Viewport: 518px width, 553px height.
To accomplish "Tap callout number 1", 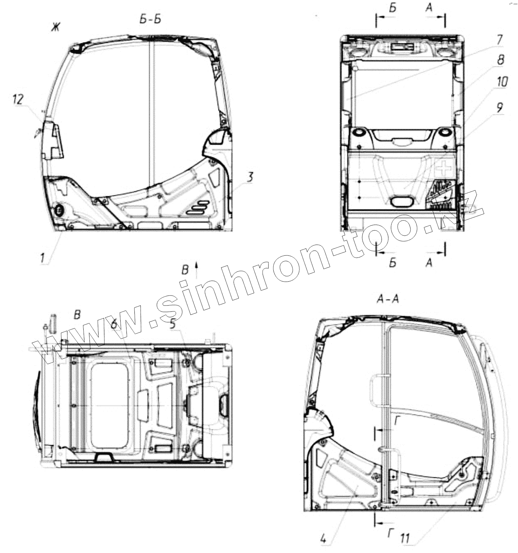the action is click(x=43, y=257).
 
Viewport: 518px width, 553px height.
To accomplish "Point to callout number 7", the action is click(x=499, y=39).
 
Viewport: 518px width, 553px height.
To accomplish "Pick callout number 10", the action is click(x=502, y=82).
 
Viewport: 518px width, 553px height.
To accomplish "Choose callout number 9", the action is click(x=499, y=108).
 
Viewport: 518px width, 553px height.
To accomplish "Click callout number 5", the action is click(x=172, y=325).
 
